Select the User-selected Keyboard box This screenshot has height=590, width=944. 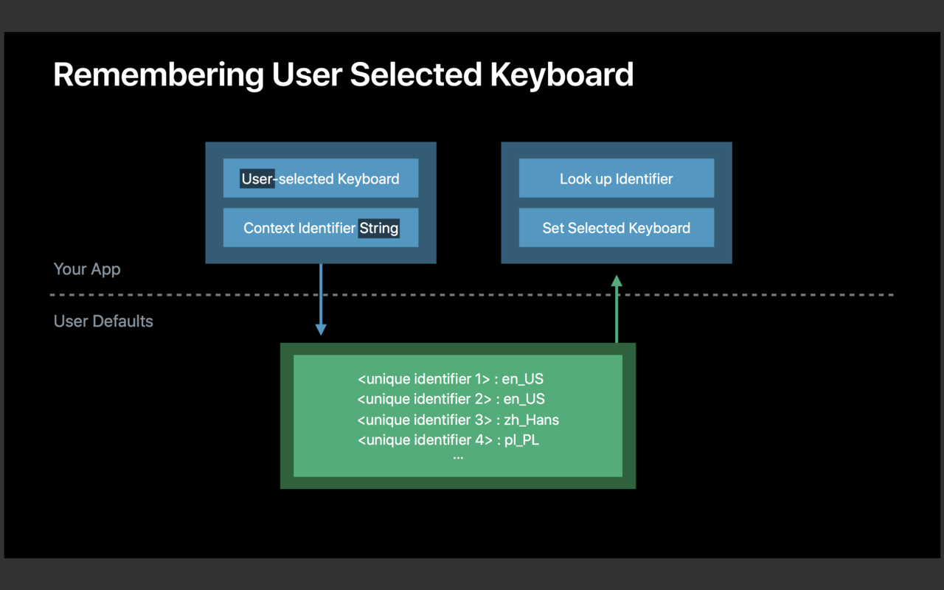click(x=321, y=178)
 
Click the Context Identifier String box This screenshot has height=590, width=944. click(x=321, y=228)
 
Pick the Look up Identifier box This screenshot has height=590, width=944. click(x=617, y=178)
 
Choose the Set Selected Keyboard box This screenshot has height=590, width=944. click(x=617, y=228)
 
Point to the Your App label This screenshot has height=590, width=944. click(x=87, y=269)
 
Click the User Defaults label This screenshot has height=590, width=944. click(x=103, y=321)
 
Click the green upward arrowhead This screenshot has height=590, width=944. click(x=617, y=281)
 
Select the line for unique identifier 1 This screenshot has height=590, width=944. click(x=451, y=379)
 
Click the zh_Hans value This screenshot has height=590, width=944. click(x=532, y=420)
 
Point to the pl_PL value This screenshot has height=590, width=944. click(x=521, y=440)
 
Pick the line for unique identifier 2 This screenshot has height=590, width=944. click(x=451, y=399)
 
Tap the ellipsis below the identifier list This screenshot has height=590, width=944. click(x=458, y=458)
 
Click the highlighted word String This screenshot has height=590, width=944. click(x=379, y=228)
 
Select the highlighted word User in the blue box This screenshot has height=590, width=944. click(x=257, y=178)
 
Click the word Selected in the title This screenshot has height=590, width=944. click(x=415, y=75)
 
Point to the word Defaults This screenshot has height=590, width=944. click(x=123, y=321)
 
